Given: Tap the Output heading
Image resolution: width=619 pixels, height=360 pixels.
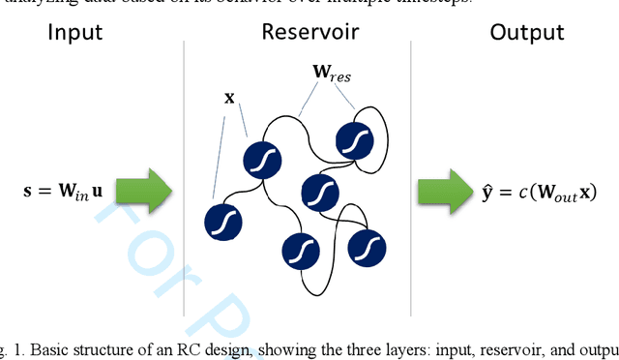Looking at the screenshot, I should tap(527, 33).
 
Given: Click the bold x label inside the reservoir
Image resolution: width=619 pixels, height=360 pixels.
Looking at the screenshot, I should tap(228, 98).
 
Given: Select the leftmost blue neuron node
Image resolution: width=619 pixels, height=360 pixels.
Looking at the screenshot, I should tap(223, 221).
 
